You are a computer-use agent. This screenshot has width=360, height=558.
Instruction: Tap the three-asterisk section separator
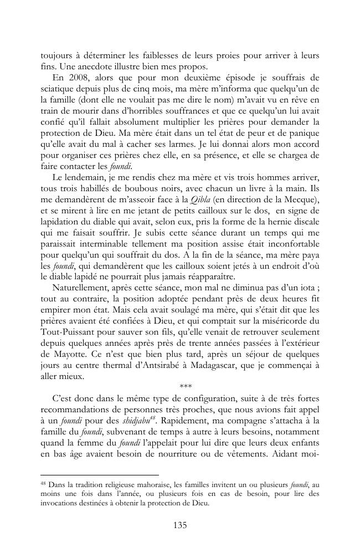pyautogui.click(x=179, y=386)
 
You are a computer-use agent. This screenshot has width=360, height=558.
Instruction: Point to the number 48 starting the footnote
pyautogui.click(x=43, y=483)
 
